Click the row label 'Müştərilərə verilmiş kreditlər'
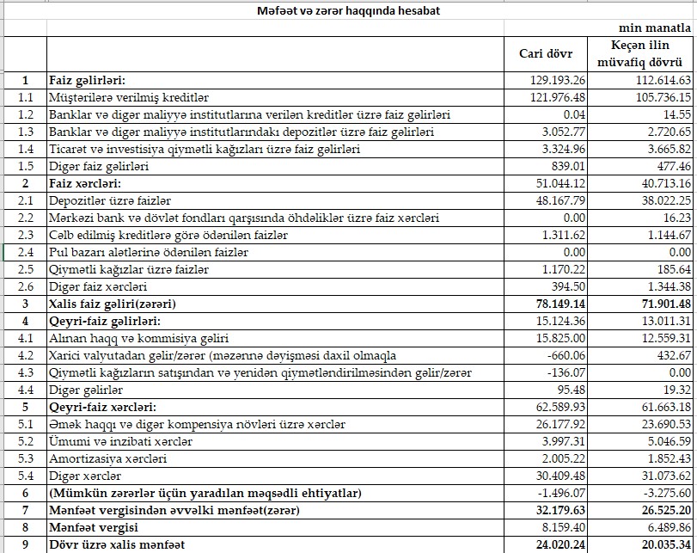click(x=129, y=97)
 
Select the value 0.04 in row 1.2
click(x=575, y=114)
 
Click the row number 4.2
click(x=26, y=355)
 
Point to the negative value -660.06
click(x=566, y=355)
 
